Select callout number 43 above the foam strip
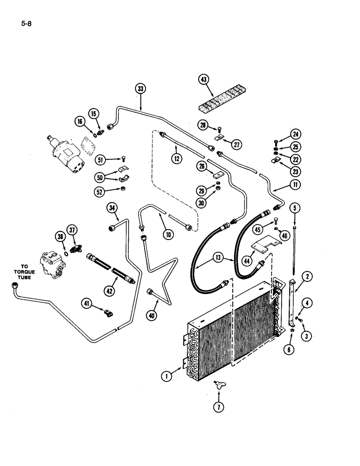[x=204, y=80]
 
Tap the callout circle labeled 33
[x=141, y=89]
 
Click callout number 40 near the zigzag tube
[x=152, y=315]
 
